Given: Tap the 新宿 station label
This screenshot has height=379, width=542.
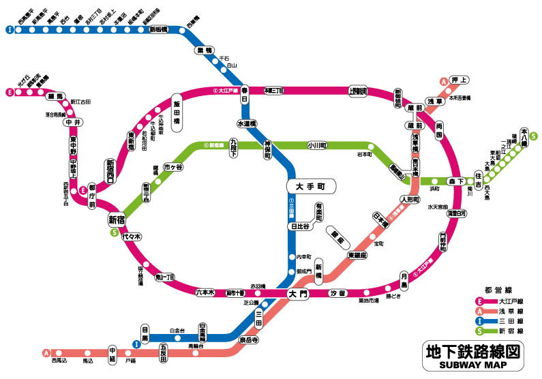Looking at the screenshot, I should coord(117,219).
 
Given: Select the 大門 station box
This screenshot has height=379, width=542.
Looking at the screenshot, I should coord(299,294).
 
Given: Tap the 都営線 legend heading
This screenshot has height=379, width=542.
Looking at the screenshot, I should coord(498,289).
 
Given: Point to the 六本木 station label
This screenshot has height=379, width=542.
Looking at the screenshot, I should coord(205,292).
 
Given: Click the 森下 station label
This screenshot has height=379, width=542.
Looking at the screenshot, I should coord(455,181).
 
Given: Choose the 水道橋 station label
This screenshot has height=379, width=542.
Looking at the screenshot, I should coord(246,124).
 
